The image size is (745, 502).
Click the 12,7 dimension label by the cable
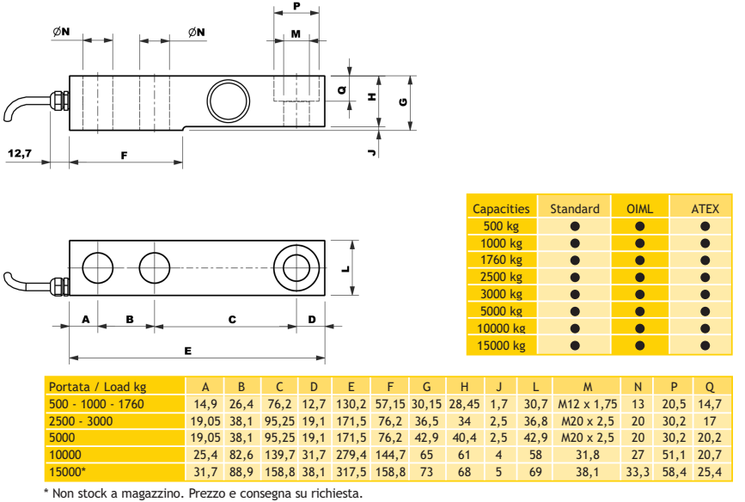[20, 154]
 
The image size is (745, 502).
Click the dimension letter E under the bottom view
[187, 351]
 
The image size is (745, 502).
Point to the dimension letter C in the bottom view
[232, 320]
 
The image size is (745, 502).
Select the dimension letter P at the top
[297, 6]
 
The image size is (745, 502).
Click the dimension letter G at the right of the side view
[403, 101]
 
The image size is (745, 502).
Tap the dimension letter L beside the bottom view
[345, 268]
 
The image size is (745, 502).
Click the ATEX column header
[705, 209]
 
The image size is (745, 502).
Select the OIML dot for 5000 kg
[639, 311]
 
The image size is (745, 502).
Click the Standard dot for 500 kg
[575, 226]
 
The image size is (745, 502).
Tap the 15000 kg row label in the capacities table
[501, 346]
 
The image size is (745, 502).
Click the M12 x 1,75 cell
[587, 404]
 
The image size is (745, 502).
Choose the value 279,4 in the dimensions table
[351, 455]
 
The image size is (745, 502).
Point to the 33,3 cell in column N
[638, 472]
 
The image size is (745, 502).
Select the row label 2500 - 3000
[81, 421]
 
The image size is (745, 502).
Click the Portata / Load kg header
[97, 387]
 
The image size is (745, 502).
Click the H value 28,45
[464, 404]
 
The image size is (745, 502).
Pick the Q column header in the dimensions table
[710, 387]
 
